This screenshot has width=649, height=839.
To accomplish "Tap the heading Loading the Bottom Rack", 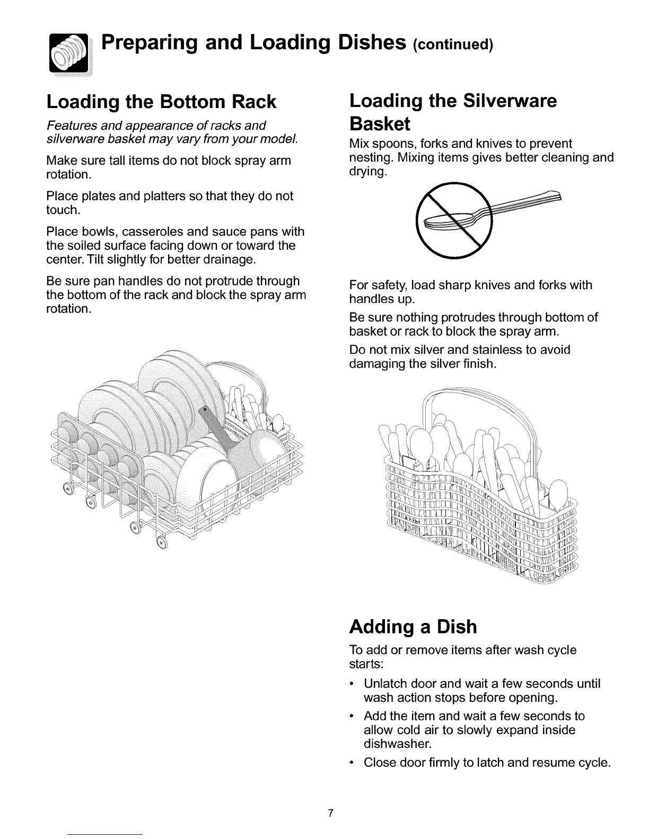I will pos(161,101).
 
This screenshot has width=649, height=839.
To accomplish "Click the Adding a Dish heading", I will pos(413,627).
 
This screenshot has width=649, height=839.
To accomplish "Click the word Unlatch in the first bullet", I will pos(387,683).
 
